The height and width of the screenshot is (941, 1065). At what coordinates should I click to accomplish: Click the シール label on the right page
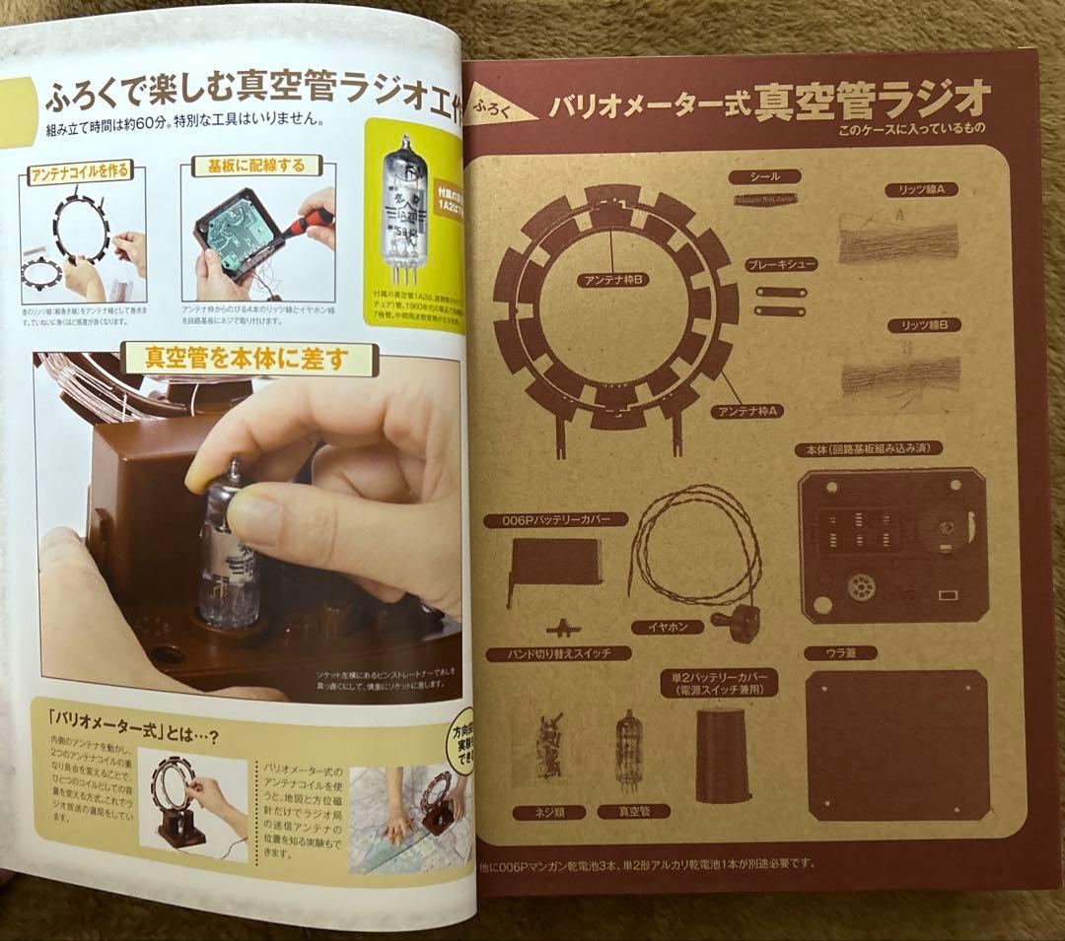(765, 176)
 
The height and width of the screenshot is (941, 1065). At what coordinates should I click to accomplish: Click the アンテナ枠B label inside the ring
(613, 280)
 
